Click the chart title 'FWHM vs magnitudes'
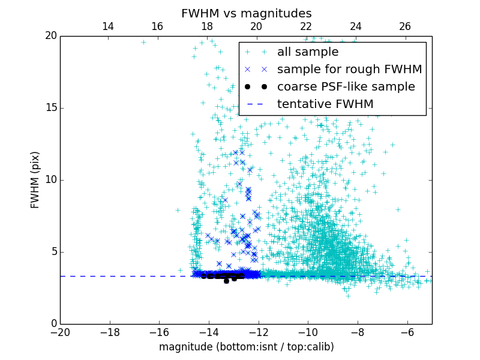246,13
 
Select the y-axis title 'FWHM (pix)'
35,180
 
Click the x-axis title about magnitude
246,347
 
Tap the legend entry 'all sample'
308,52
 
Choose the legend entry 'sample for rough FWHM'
349,70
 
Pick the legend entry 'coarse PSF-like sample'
346,87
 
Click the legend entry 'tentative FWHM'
325,104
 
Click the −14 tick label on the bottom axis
209,332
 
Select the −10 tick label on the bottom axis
308,332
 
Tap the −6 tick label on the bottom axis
407,332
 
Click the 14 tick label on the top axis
108,26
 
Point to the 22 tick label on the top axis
306,26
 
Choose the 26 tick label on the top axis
405,26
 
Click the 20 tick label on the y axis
50,36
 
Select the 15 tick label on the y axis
50,108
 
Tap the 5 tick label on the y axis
53,252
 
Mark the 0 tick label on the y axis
53,324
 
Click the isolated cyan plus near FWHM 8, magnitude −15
178,210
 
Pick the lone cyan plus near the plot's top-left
143,42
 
